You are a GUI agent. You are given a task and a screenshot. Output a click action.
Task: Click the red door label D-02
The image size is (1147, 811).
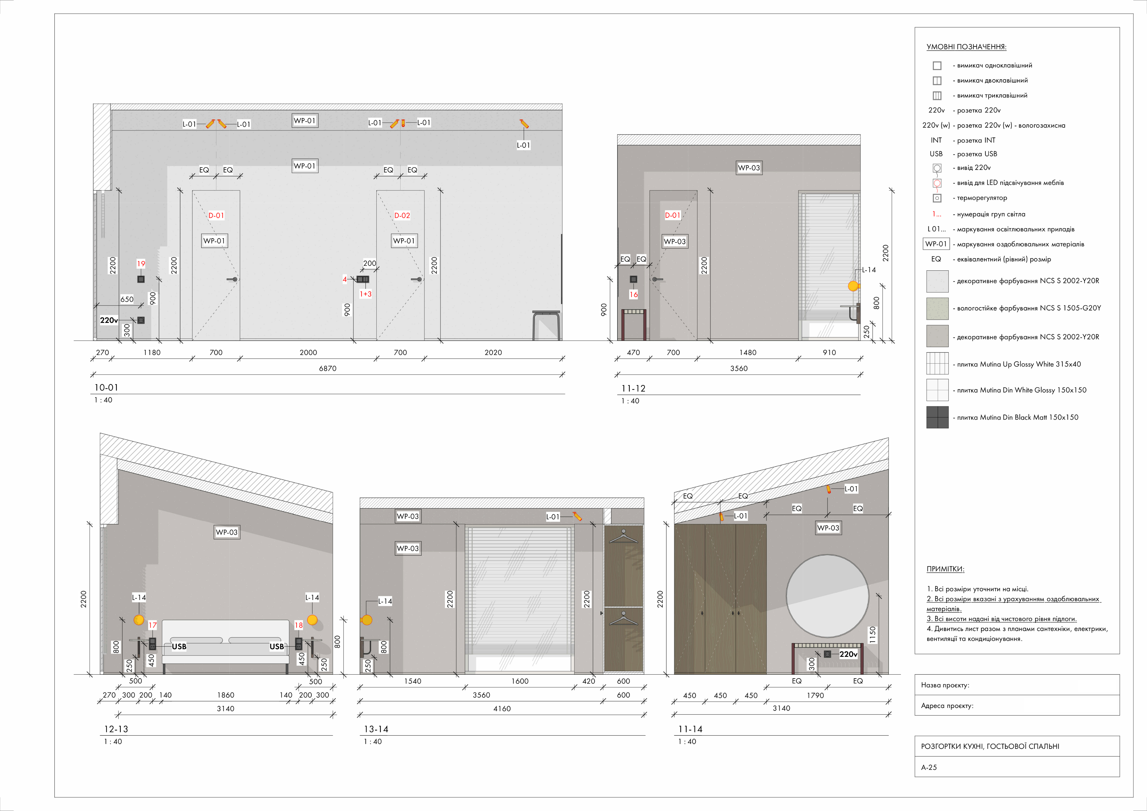[402, 215]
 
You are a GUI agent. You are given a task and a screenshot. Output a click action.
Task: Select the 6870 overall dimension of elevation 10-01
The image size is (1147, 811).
[328, 368]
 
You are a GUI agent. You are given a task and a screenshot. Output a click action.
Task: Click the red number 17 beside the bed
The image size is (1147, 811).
[152, 625]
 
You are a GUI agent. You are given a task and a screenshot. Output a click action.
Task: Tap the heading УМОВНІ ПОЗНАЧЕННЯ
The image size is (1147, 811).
[966, 47]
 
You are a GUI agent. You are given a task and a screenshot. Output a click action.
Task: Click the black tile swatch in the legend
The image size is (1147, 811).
[937, 417]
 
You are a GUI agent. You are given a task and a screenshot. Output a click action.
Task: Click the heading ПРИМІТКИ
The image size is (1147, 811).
[945, 569]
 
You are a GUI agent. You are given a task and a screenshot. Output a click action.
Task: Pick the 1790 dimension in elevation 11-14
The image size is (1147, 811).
[815, 695]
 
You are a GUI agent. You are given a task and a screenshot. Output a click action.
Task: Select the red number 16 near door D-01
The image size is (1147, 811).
[633, 294]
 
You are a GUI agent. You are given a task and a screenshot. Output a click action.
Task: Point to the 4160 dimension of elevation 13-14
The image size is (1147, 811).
[502, 708]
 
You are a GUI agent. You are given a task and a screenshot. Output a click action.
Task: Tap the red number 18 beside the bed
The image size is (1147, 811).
[299, 625]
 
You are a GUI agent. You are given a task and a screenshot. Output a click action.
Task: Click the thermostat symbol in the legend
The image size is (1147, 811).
[937, 198]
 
